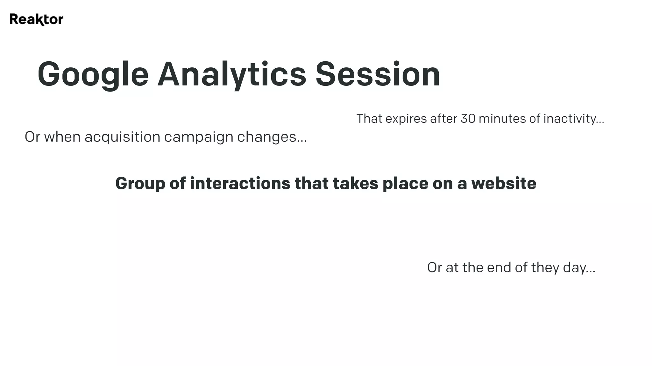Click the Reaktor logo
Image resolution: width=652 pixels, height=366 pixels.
pyautogui.click(x=36, y=19)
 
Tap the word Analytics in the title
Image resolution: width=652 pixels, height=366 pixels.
pyautogui.click(x=231, y=75)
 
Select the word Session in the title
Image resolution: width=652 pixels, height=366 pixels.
pyautogui.click(x=378, y=75)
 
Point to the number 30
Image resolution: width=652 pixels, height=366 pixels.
pyautogui.click(x=468, y=119)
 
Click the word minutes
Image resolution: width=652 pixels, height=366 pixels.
pyautogui.click(x=502, y=119)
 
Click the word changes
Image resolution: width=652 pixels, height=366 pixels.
pyautogui.click(x=269, y=137)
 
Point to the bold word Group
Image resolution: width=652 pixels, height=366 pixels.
pyautogui.click(x=140, y=184)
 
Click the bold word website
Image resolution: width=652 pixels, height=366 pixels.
pyautogui.click(x=504, y=184)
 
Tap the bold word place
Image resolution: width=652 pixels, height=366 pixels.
pyautogui.click(x=405, y=184)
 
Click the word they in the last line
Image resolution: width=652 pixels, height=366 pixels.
pyautogui.click(x=545, y=268)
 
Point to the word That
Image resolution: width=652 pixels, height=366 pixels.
pyautogui.click(x=369, y=119)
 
